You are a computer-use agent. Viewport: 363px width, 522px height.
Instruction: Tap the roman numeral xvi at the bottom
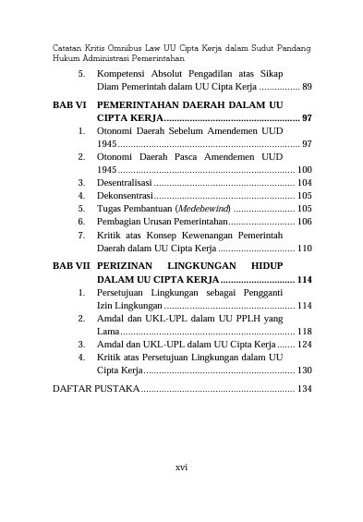[181, 467]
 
